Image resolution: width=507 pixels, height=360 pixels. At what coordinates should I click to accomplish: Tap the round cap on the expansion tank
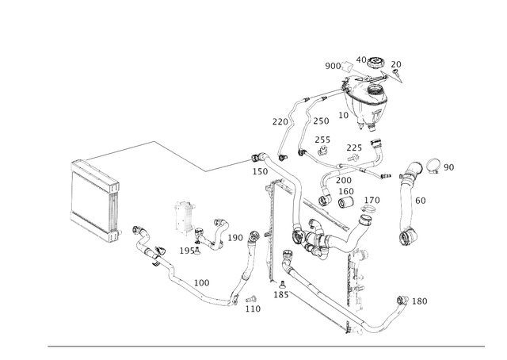tap(368, 62)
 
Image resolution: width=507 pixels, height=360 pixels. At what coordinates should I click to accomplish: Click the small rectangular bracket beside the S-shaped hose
tap(185, 218)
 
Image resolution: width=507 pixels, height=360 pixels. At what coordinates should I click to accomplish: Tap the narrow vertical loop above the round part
tap(410, 198)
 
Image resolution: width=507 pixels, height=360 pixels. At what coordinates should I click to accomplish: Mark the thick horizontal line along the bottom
tap(265, 346)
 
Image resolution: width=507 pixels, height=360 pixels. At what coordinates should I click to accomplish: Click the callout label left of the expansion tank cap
tap(333, 63)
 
